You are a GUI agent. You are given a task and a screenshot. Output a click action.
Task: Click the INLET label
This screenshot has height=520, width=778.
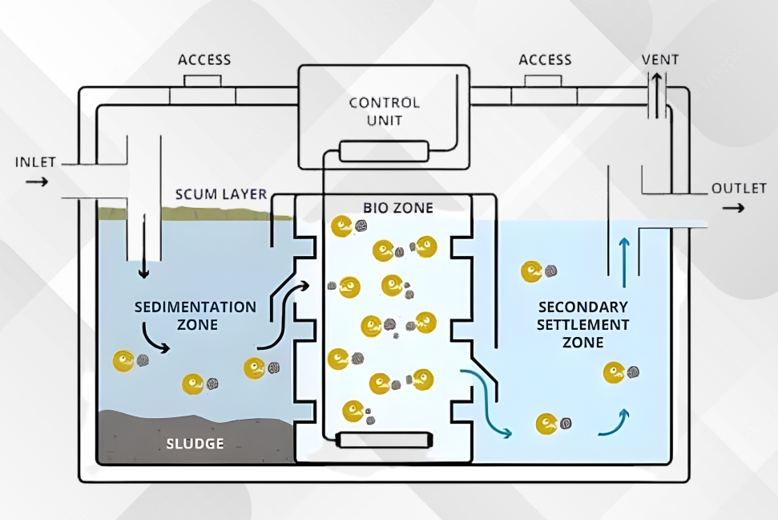coord(35,162)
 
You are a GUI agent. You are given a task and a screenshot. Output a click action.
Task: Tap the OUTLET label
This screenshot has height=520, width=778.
coord(739,189)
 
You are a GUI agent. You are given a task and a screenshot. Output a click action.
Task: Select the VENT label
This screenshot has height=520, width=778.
coord(660,59)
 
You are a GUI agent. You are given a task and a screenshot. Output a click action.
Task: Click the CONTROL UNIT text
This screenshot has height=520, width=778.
coord(385,112)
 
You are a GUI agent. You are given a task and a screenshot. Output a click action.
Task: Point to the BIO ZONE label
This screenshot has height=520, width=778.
coord(398,208)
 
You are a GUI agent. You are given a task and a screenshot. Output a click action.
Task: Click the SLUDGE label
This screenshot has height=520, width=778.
coord(195,444)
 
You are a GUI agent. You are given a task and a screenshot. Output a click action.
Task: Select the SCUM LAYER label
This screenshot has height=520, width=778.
coord(221,194)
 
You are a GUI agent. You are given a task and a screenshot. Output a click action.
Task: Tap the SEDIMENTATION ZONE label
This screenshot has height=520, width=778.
coord(196,315)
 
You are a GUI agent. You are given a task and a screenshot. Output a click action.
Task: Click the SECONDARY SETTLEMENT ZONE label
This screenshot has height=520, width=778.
coord(583,324)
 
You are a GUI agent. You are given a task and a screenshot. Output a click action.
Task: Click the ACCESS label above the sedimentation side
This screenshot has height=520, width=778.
coord(204,60)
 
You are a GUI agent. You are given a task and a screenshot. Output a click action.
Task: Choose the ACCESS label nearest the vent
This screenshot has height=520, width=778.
coord(545,60)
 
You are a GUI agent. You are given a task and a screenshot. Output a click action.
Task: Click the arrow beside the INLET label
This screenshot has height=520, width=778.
coord(37,182)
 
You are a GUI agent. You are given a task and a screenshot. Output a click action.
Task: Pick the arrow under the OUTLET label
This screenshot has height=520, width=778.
coord(733,207)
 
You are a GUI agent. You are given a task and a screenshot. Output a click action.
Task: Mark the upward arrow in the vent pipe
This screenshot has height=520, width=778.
coord(656,95)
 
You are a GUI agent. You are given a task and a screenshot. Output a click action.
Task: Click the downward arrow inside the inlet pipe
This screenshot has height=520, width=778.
coord(144,246)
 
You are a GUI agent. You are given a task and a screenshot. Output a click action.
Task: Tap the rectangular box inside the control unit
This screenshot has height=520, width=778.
coord(384,151)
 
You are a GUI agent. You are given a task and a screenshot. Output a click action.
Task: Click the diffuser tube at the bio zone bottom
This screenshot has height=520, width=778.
coord(384,440)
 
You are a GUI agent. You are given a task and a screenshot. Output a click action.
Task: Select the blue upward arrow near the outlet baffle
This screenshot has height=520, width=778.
coord(624,262)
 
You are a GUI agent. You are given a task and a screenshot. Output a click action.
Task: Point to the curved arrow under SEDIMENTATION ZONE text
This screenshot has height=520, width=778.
coord(155,339)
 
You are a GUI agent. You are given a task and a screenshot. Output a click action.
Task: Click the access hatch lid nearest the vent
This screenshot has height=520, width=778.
coord(543,81)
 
